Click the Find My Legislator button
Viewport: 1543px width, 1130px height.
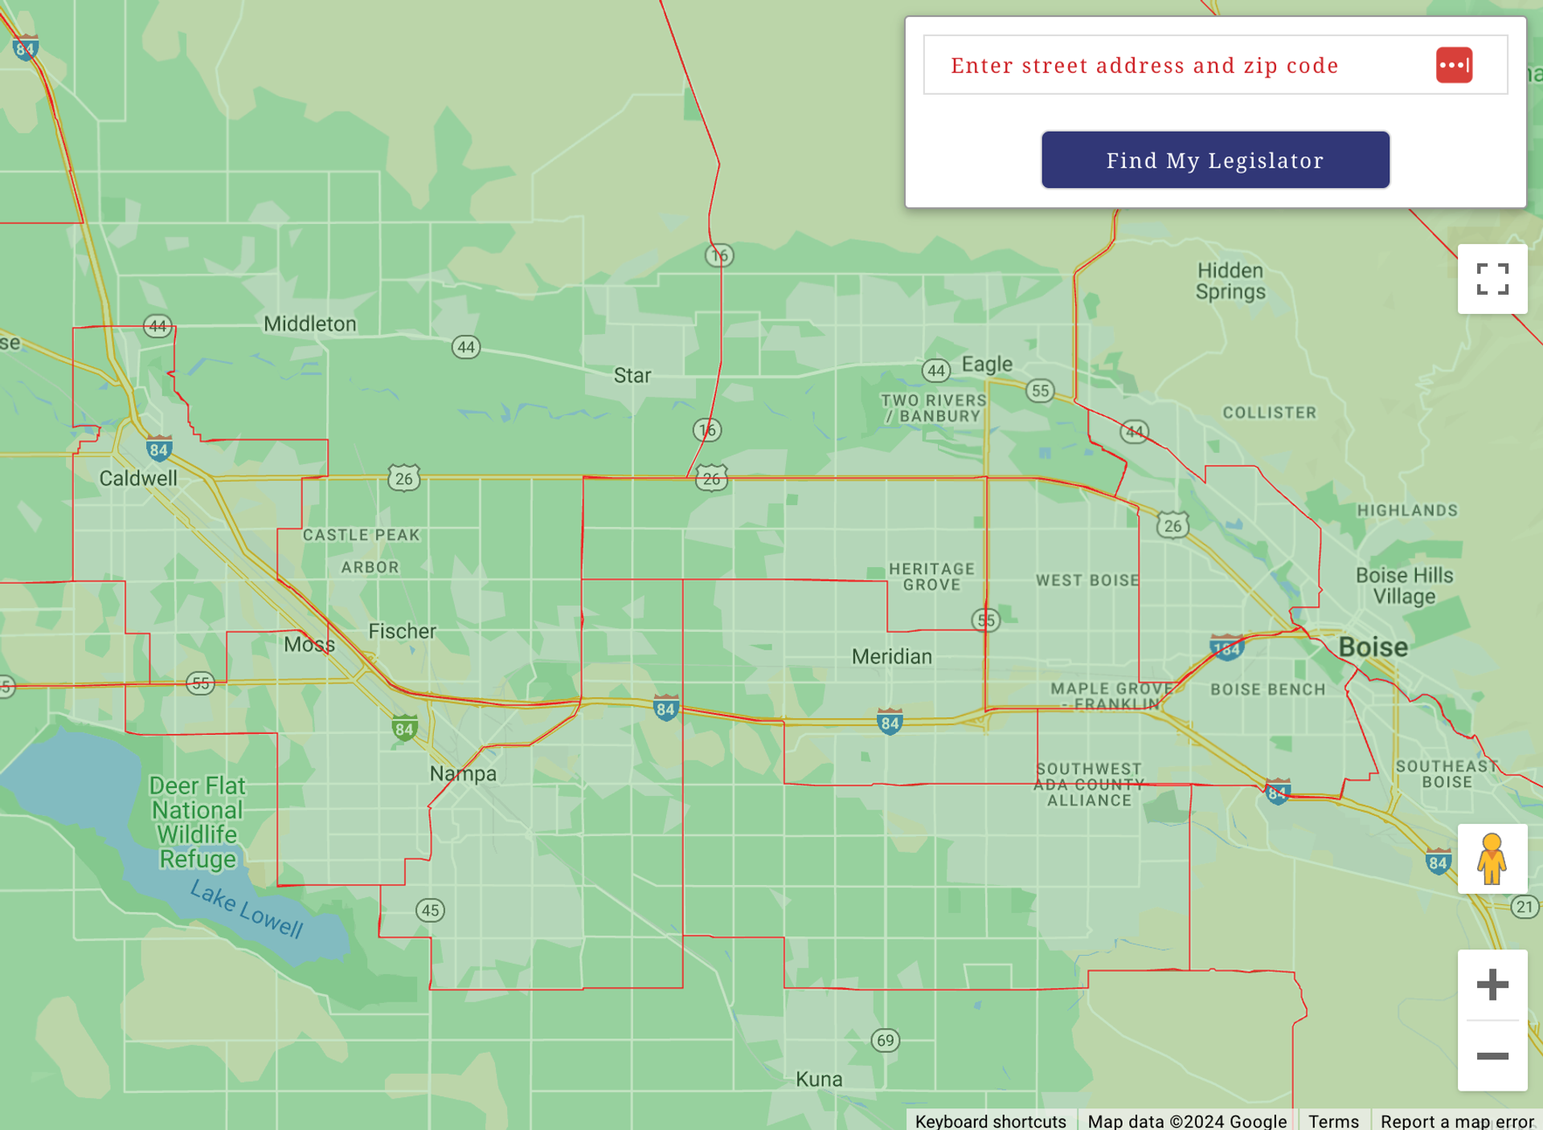1215,160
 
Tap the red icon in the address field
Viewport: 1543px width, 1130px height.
1454,65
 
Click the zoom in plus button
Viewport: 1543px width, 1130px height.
1492,985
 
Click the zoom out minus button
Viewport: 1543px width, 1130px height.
1492,1056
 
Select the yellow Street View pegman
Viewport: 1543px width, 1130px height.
1492,859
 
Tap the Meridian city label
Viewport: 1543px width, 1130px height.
892,657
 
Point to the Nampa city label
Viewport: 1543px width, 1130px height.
463,773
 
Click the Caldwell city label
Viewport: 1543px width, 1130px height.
138,479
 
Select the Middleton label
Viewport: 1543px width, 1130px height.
310,324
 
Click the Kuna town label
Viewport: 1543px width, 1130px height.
819,1079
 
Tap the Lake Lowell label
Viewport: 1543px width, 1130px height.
246,908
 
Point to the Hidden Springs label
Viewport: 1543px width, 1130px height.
1230,281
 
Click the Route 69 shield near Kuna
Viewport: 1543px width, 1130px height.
885,1041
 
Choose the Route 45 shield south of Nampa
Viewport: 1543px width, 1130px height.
430,910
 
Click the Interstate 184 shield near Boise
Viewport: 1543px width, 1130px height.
1226,647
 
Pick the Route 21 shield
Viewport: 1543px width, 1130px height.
1524,907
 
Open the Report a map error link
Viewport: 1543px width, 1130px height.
1457,1121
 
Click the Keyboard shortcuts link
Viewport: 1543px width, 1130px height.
990,1121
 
